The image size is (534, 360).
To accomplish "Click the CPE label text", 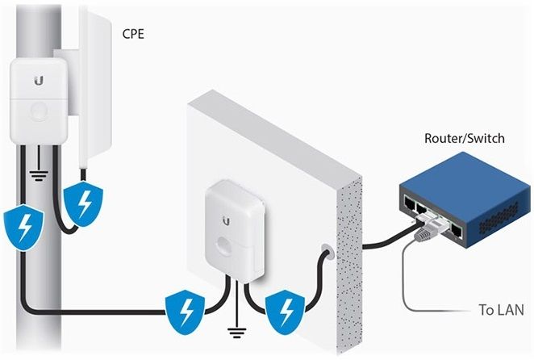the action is [133, 34].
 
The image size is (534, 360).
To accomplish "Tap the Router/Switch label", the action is [464, 138].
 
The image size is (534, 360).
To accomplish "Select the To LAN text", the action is [501, 309].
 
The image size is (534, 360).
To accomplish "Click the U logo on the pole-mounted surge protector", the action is [39, 81].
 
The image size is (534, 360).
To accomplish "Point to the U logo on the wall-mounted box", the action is [226, 221].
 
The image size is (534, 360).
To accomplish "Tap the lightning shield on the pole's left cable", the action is [24, 228].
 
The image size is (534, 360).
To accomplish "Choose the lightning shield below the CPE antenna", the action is [83, 203].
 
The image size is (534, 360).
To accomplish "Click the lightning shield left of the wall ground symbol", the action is [186, 312].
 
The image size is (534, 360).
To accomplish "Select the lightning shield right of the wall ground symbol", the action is [286, 312].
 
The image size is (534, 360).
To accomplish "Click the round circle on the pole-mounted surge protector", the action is [39, 111].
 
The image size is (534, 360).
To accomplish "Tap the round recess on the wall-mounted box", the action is [224, 245].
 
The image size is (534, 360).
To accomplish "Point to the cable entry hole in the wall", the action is [327, 253].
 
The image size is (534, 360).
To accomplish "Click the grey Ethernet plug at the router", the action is [425, 232].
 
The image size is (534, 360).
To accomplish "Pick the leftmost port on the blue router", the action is [409, 203].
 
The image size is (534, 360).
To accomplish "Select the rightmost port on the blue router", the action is [457, 230].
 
